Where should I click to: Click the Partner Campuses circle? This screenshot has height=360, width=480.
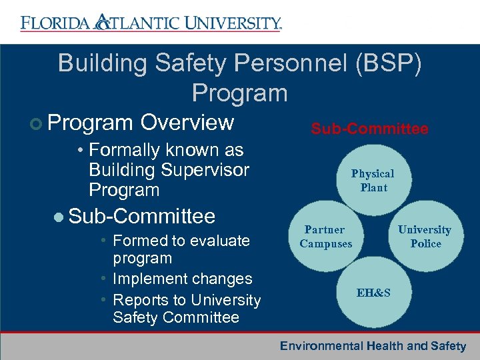pos(326,237)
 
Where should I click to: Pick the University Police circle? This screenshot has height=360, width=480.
pos(425,237)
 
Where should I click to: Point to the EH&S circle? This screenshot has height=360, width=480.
pos(373,293)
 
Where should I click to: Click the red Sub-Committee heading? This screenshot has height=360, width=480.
pos(369,129)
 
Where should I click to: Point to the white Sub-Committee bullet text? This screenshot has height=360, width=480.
pos(141,216)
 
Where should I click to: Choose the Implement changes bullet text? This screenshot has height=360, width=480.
pos(182,279)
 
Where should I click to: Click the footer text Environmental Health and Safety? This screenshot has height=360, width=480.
pos(373,346)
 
